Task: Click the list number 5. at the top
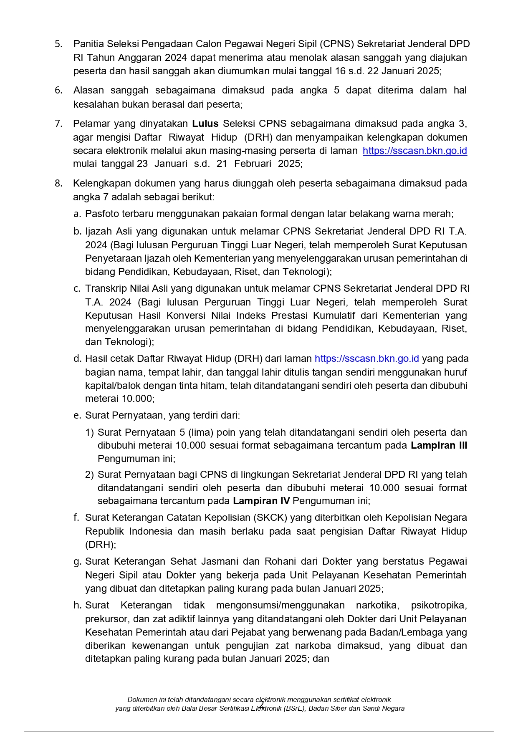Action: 58,44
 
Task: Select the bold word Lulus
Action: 205,124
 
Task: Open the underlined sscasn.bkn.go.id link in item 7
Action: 414,151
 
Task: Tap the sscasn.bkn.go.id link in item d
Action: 366,359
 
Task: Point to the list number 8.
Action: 58,184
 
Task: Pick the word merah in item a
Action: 440,214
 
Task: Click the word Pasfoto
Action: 102,214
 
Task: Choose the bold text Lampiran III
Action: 439,446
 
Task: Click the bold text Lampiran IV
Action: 261,501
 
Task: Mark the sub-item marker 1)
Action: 90,433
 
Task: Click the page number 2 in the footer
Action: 261,704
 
